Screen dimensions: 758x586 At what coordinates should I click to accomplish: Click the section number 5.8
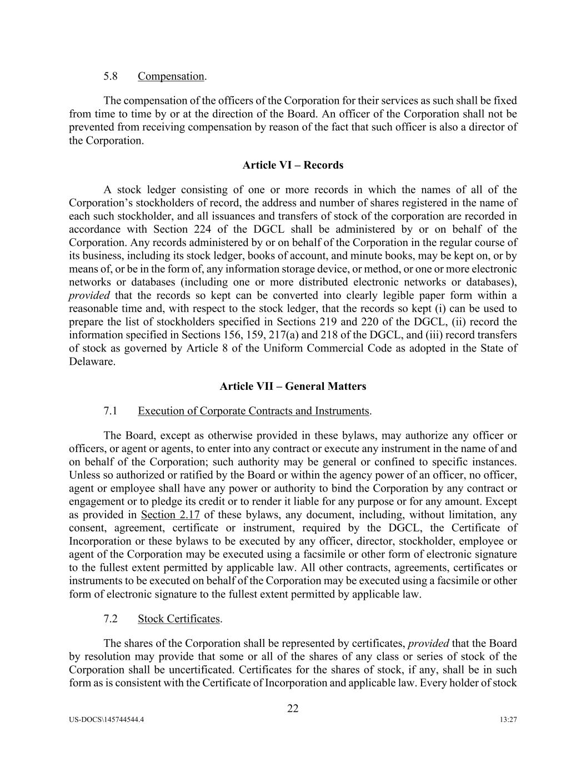pos(110,76)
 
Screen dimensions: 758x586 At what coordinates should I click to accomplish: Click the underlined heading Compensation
pos(171,76)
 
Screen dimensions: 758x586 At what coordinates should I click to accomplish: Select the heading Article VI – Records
pos(293,165)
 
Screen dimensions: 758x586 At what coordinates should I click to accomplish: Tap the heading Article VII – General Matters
pos(293,386)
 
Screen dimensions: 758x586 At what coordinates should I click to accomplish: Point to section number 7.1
pos(110,411)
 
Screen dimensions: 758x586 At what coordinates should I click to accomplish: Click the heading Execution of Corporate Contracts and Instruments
pos(253,411)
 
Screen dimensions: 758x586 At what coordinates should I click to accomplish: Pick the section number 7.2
pos(110,619)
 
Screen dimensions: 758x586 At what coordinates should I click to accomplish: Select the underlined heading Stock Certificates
pos(179,619)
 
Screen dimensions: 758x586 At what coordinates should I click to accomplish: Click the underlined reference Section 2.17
pos(171,515)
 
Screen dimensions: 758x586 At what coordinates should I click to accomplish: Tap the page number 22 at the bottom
pos(293,708)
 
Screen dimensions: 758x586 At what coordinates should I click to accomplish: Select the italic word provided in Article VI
pos(89,295)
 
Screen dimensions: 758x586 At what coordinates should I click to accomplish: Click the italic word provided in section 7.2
pos(428,644)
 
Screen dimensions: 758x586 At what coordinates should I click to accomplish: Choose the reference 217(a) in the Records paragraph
pos(287,335)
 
